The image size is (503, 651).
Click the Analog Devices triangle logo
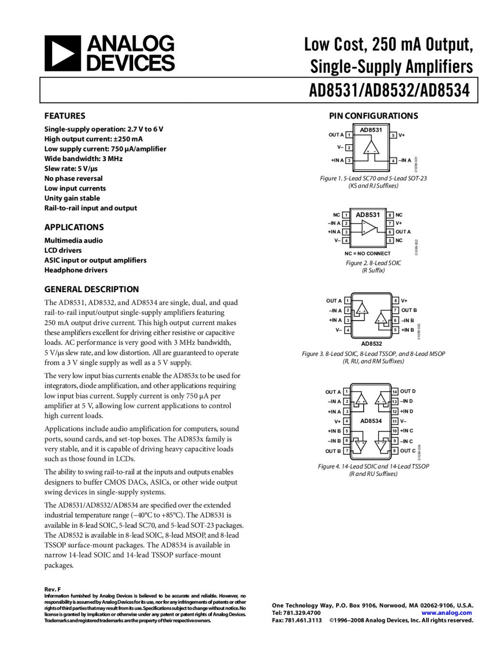(62, 53)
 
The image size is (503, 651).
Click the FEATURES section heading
(65, 116)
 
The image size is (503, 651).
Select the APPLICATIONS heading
(74, 227)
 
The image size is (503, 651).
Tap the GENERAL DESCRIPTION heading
(92, 289)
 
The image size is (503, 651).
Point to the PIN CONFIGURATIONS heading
(373, 116)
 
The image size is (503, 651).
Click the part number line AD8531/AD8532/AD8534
(389, 90)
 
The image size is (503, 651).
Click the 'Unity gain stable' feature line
(72, 198)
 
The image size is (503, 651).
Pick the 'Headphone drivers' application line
(76, 270)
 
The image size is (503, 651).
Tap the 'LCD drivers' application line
(63, 250)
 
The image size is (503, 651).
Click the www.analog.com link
(447, 613)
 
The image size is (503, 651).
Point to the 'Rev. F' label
(53, 589)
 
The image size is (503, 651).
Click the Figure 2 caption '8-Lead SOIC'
(373, 263)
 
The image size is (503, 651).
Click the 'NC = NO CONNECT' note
(367, 253)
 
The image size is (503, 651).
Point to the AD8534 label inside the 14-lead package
(371, 421)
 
